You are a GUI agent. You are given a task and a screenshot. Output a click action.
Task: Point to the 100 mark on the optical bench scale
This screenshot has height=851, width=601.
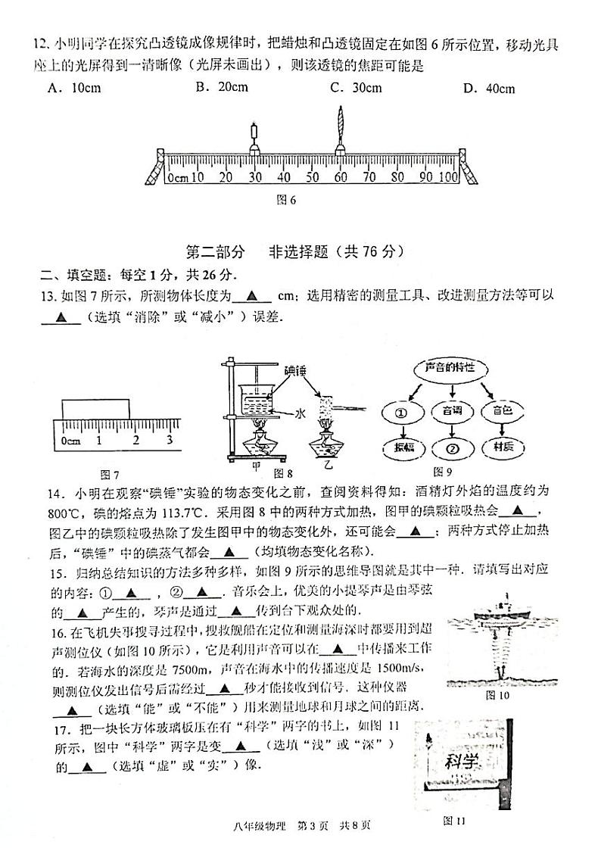448,177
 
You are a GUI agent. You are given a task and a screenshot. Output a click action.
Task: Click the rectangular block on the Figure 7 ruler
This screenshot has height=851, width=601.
95,407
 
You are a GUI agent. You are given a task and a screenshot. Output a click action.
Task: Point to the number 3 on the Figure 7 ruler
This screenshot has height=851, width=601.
169,439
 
